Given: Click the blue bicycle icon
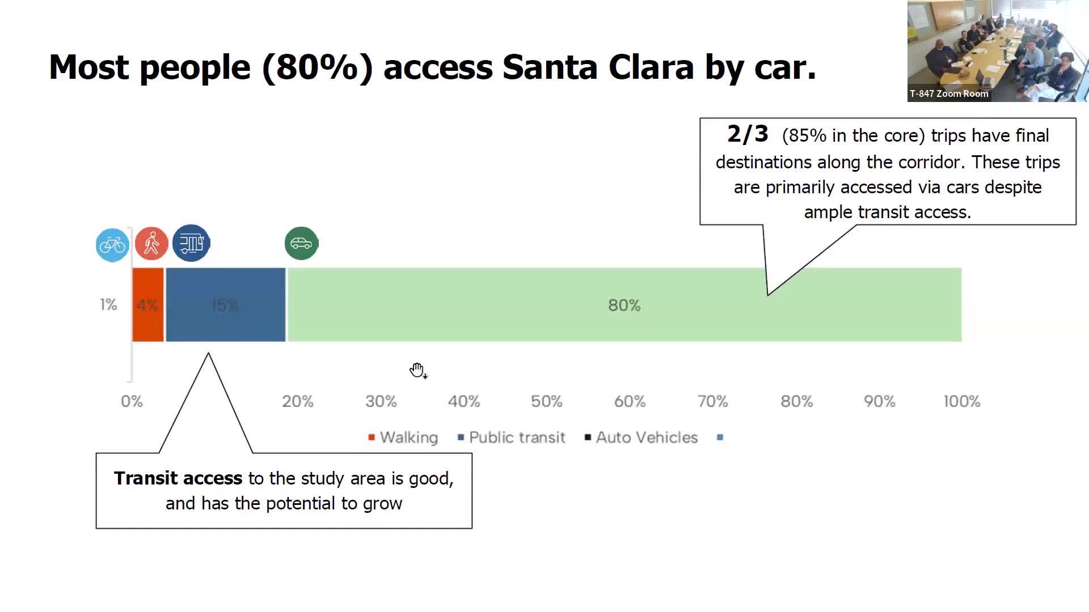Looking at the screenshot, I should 112,245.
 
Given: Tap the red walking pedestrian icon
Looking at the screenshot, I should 151,244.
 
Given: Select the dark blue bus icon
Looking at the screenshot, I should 191,243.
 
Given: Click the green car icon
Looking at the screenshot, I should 301,243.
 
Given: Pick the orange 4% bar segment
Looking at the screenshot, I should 148,305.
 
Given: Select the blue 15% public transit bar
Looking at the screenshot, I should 226,305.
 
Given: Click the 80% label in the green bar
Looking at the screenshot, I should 624,305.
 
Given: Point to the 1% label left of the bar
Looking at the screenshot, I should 108,305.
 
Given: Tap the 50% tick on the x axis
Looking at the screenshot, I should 546,402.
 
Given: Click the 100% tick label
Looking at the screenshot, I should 961,402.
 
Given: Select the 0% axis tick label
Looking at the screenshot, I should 132,402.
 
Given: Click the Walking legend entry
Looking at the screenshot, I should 403,437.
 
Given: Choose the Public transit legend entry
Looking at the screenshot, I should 511,437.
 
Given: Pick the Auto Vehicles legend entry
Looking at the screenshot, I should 641,437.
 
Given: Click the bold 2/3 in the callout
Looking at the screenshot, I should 748,134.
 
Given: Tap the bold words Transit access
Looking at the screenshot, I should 178,478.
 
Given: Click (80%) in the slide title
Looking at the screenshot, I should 317,67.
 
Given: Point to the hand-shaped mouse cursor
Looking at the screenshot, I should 417,370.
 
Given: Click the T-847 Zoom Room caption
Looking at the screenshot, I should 949,94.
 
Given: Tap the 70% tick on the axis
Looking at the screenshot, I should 712,402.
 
